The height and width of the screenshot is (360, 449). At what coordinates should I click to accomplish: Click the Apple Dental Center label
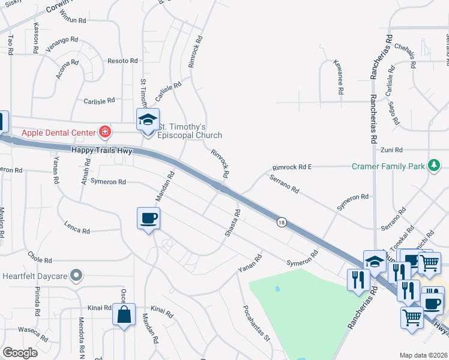click(59, 132)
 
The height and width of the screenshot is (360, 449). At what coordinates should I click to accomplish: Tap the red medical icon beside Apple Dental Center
click(105, 131)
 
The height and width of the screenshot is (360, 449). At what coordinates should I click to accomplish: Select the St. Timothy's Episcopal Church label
click(190, 131)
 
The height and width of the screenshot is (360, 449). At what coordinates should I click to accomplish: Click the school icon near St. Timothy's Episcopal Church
click(148, 120)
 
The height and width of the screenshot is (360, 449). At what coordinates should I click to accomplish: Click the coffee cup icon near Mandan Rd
click(148, 218)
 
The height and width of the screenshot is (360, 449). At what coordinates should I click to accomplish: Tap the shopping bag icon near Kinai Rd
click(124, 314)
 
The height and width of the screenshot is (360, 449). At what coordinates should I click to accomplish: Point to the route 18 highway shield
click(281, 223)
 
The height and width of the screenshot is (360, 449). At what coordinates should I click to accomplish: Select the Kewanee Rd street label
click(340, 77)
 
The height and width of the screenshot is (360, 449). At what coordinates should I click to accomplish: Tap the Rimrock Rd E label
click(292, 167)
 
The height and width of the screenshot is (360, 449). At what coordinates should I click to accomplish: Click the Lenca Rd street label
click(77, 227)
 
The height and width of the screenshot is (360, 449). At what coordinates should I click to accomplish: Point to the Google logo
click(20, 353)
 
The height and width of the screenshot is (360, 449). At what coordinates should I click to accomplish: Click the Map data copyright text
click(423, 355)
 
